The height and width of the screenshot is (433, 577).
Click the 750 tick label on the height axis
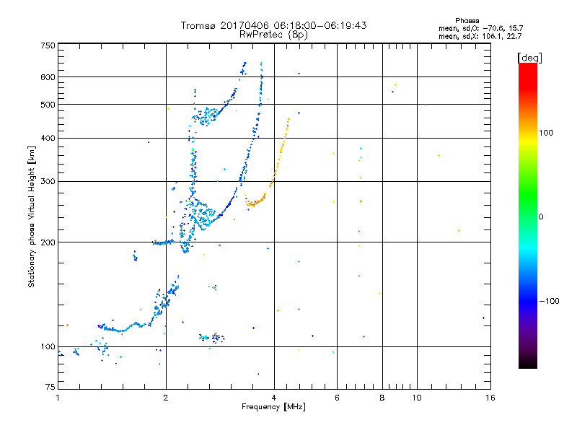pyautogui.click(x=48, y=45)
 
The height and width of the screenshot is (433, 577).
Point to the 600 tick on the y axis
pyautogui.click(x=48, y=77)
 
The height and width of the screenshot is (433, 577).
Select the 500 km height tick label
pyautogui.click(x=48, y=105)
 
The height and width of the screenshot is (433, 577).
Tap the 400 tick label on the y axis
pyautogui.click(x=48, y=138)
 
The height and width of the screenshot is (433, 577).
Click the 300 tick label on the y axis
pyautogui.click(x=48, y=181)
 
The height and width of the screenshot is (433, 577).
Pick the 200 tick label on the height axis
pyautogui.click(x=48, y=242)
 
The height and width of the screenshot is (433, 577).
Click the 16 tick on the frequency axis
pyautogui.click(x=489, y=398)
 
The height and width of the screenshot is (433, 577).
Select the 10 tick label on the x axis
pyautogui.click(x=417, y=398)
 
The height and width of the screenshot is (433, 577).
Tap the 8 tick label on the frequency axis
pyautogui.click(x=382, y=398)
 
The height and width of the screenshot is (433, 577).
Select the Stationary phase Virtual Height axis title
pyautogui.click(x=32, y=216)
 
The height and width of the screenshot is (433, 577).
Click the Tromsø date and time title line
pyautogui.click(x=273, y=25)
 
